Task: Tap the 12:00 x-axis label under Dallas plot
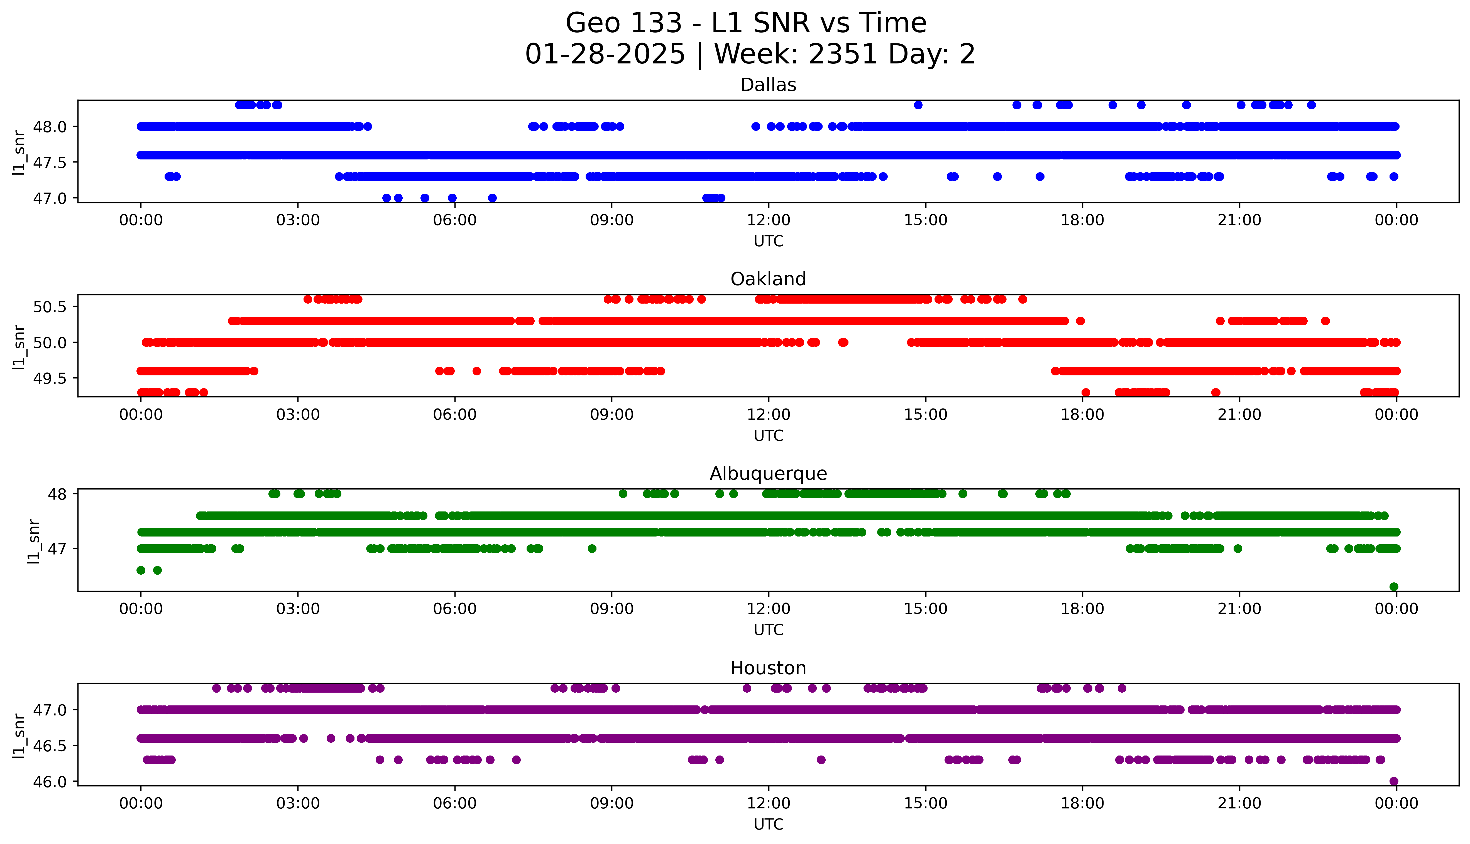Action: point(768,220)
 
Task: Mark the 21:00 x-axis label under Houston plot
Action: point(1239,803)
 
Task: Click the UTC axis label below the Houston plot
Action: point(768,824)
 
